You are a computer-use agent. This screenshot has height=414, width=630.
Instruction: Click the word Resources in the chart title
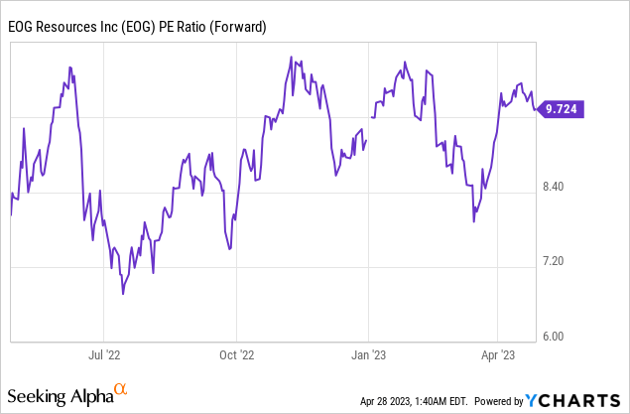pyautogui.click(x=68, y=27)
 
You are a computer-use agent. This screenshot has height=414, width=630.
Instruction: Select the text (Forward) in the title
pyautogui.click(x=235, y=27)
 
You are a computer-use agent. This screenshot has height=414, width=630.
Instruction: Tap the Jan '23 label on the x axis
pyautogui.click(x=369, y=352)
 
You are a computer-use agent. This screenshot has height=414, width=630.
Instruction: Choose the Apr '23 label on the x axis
pyautogui.click(x=498, y=352)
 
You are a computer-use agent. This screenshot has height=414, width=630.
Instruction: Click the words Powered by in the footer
pyautogui.click(x=498, y=401)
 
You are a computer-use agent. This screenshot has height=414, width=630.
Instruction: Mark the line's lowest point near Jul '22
pyautogui.click(x=122, y=294)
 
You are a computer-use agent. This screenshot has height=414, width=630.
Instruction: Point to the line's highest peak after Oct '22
pyautogui.click(x=289, y=58)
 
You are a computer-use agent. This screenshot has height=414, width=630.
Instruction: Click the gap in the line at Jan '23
pyautogui.click(x=369, y=127)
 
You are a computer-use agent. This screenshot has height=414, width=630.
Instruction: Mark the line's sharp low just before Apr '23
pyautogui.click(x=473, y=220)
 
